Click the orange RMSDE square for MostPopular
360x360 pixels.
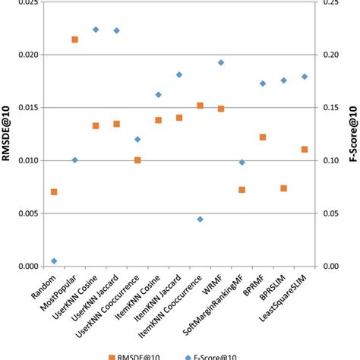click(74, 39)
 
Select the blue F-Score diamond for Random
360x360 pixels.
click(54, 261)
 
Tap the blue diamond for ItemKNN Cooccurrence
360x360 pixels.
click(200, 219)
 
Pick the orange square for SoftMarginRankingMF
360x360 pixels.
click(242, 190)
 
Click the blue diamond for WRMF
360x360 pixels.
click(221, 63)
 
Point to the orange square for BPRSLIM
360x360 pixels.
click(283, 188)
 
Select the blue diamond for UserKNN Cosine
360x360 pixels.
click(96, 30)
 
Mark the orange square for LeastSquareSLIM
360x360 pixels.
click(305, 150)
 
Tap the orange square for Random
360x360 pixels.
click(54, 192)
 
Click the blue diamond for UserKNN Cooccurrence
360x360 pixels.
click(137, 140)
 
